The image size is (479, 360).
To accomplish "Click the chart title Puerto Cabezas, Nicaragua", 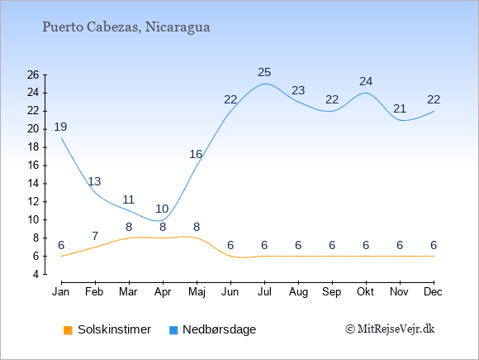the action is pyautogui.click(x=126, y=27).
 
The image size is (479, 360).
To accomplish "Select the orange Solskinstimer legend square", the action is pyautogui.click(x=68, y=330).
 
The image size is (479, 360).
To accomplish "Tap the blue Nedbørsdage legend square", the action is pyautogui.click(x=173, y=330).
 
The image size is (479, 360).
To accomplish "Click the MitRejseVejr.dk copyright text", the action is pyautogui.click(x=390, y=329).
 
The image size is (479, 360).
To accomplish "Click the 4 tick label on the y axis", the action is pyautogui.click(x=36, y=274).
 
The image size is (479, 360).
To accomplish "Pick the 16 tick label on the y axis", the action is pyautogui.click(x=33, y=166).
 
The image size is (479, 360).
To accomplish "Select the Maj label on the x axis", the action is pyautogui.click(x=197, y=292).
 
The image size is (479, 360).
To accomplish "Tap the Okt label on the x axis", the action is pyautogui.click(x=365, y=292).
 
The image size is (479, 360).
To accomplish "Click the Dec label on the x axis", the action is pyautogui.click(x=434, y=292).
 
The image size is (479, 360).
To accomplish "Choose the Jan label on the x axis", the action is pyautogui.click(x=61, y=292).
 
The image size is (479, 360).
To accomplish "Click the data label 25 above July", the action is pyautogui.click(x=264, y=72).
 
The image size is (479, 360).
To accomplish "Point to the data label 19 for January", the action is pyautogui.click(x=60, y=127).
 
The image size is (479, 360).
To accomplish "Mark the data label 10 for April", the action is pyautogui.click(x=162, y=209).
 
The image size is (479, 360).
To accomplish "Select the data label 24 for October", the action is pyautogui.click(x=366, y=81).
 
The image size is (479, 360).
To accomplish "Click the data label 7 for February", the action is pyautogui.click(x=95, y=236).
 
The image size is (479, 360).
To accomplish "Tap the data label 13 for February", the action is pyautogui.click(x=94, y=181).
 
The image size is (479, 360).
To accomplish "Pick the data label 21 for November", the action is pyautogui.click(x=400, y=108).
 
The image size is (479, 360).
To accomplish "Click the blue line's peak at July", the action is pyautogui.click(x=264, y=84).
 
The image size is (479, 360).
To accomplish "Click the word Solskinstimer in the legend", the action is pyautogui.click(x=114, y=329).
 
